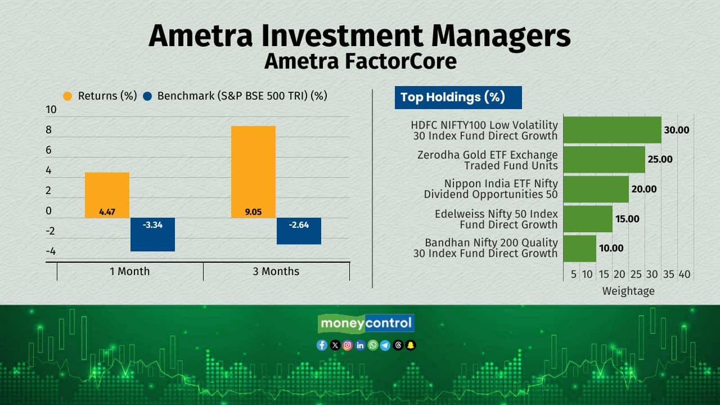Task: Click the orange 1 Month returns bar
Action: coord(107,195)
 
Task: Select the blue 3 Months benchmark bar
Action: coord(299,231)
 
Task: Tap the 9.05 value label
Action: coord(253,212)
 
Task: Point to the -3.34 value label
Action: coord(152,224)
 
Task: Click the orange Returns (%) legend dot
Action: coord(67,96)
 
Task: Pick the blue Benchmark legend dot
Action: coord(147,96)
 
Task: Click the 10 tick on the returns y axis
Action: coord(51,110)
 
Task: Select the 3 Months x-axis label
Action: coord(276,271)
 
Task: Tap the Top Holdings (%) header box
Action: coord(458,97)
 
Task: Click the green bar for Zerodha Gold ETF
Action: coord(604,159)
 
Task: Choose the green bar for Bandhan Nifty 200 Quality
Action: coord(579,249)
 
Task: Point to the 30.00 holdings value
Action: coord(677,130)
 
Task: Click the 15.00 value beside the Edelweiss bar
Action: coord(627,219)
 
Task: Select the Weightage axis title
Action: coord(628,291)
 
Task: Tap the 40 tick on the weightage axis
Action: coord(685,274)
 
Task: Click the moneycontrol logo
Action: coord(366,323)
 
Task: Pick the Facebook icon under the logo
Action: coord(322,345)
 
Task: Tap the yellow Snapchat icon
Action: coord(411,345)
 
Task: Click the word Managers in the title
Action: coord(501,37)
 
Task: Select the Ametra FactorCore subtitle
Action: coord(361,61)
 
